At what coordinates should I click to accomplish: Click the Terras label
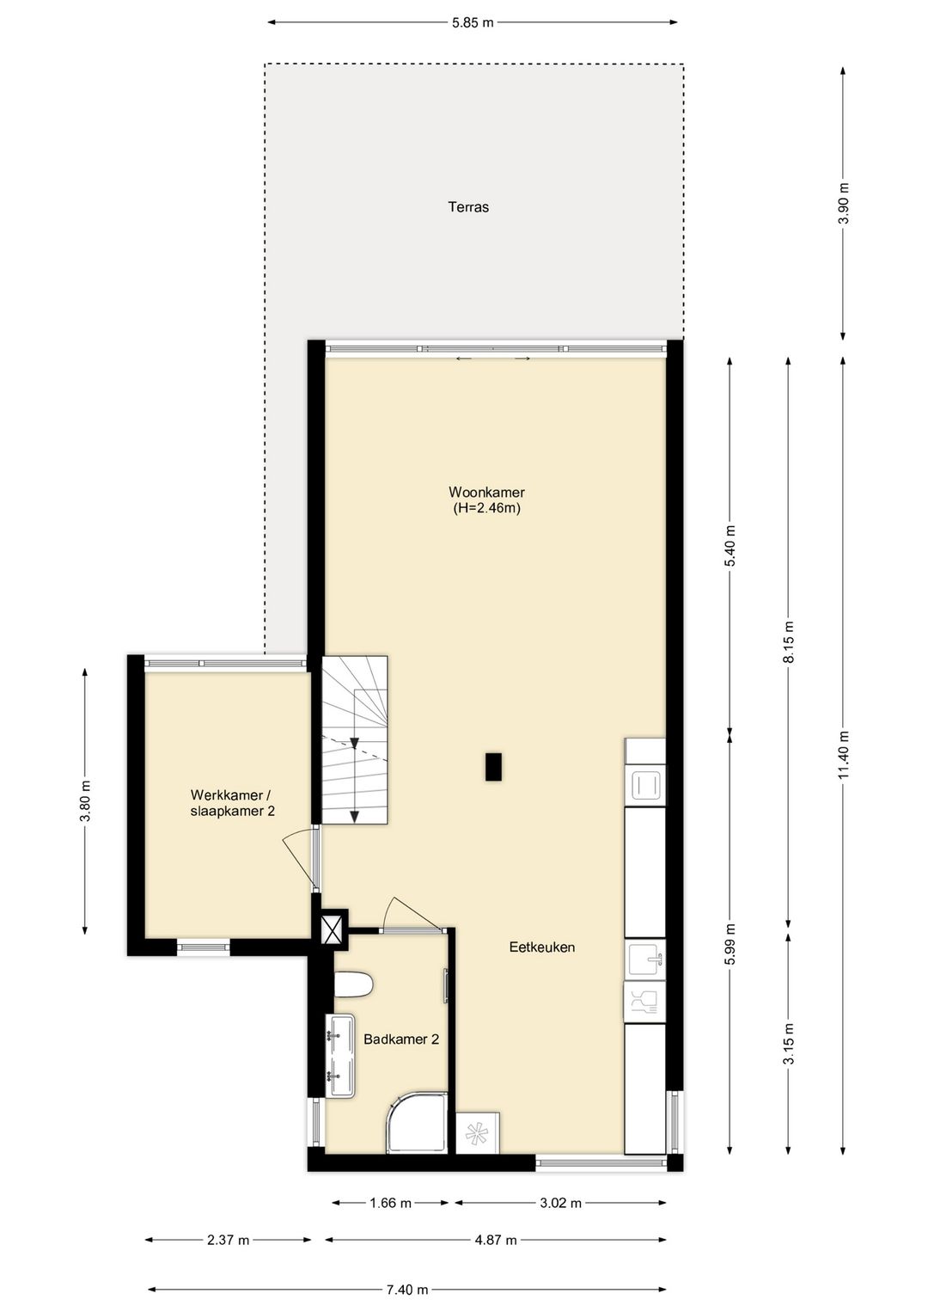tap(468, 206)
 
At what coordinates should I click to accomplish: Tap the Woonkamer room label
tap(486, 492)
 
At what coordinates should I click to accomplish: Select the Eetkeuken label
tap(541, 947)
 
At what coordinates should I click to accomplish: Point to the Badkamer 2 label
tap(401, 1039)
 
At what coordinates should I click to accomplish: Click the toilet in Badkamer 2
tap(354, 984)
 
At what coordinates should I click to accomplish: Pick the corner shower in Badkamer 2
tap(418, 1122)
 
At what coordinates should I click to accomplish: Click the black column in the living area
tap(493, 767)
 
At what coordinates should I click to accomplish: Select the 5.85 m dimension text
tap(473, 23)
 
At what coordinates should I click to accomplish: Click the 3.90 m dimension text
tap(843, 203)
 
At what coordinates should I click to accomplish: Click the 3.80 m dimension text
tap(85, 801)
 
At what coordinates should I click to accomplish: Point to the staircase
tap(354, 739)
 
